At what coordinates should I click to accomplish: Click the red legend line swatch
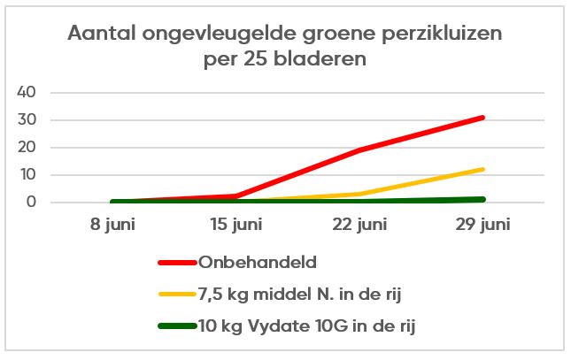pyautogui.click(x=181, y=263)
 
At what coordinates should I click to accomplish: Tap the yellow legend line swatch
pyautogui.click(x=181, y=294)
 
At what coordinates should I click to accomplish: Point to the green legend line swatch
pyautogui.click(x=181, y=326)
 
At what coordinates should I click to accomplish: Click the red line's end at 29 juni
pyautogui.click(x=482, y=118)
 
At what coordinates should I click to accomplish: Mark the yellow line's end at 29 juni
pyautogui.click(x=482, y=169)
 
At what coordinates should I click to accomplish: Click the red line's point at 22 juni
pyautogui.click(x=359, y=150)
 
